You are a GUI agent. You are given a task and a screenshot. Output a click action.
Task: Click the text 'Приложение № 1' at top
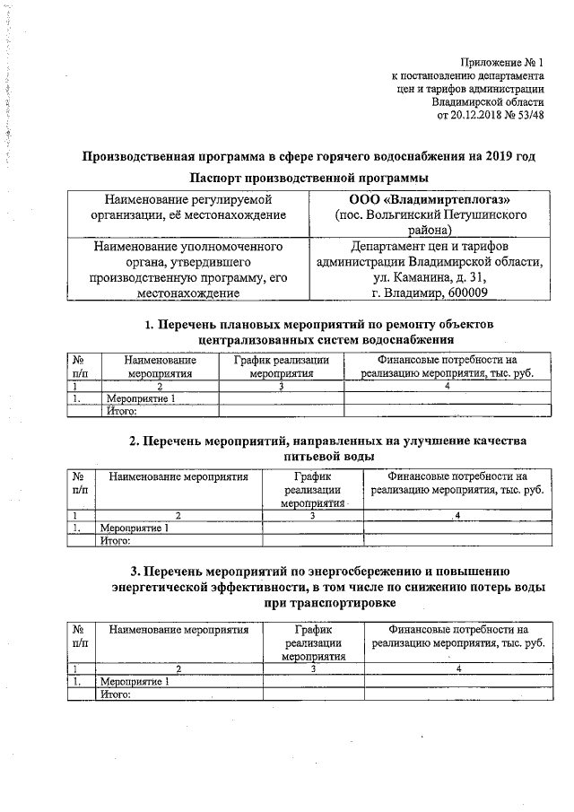502,63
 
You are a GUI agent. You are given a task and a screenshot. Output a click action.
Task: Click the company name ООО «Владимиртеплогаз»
426,199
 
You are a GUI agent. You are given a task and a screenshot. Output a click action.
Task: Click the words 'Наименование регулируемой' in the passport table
188,199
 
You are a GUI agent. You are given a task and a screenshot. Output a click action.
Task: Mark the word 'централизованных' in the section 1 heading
260,339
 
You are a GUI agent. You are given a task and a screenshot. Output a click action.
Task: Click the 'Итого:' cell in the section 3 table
116,694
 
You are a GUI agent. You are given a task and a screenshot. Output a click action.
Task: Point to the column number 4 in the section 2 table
457,516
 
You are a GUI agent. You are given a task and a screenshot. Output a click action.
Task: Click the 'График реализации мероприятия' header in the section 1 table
282,366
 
